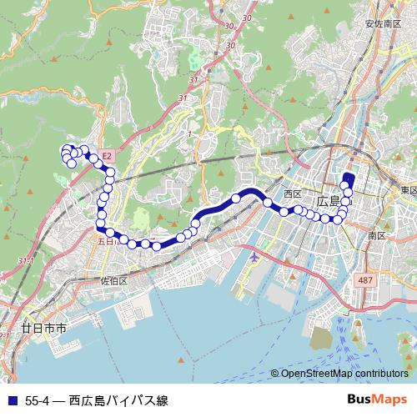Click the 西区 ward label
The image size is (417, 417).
tap(292, 193)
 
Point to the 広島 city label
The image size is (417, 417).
tap(329, 201)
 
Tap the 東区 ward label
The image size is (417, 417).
tap(408, 191)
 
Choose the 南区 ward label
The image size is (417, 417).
tap(377, 236)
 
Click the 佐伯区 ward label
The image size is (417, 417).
tap(113, 281)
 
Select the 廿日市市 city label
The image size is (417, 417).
tap(44, 329)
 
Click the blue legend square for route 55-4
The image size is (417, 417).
tap(10, 400)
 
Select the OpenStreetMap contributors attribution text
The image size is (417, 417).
tap(344, 374)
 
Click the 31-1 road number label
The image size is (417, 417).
tap(26, 261)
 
